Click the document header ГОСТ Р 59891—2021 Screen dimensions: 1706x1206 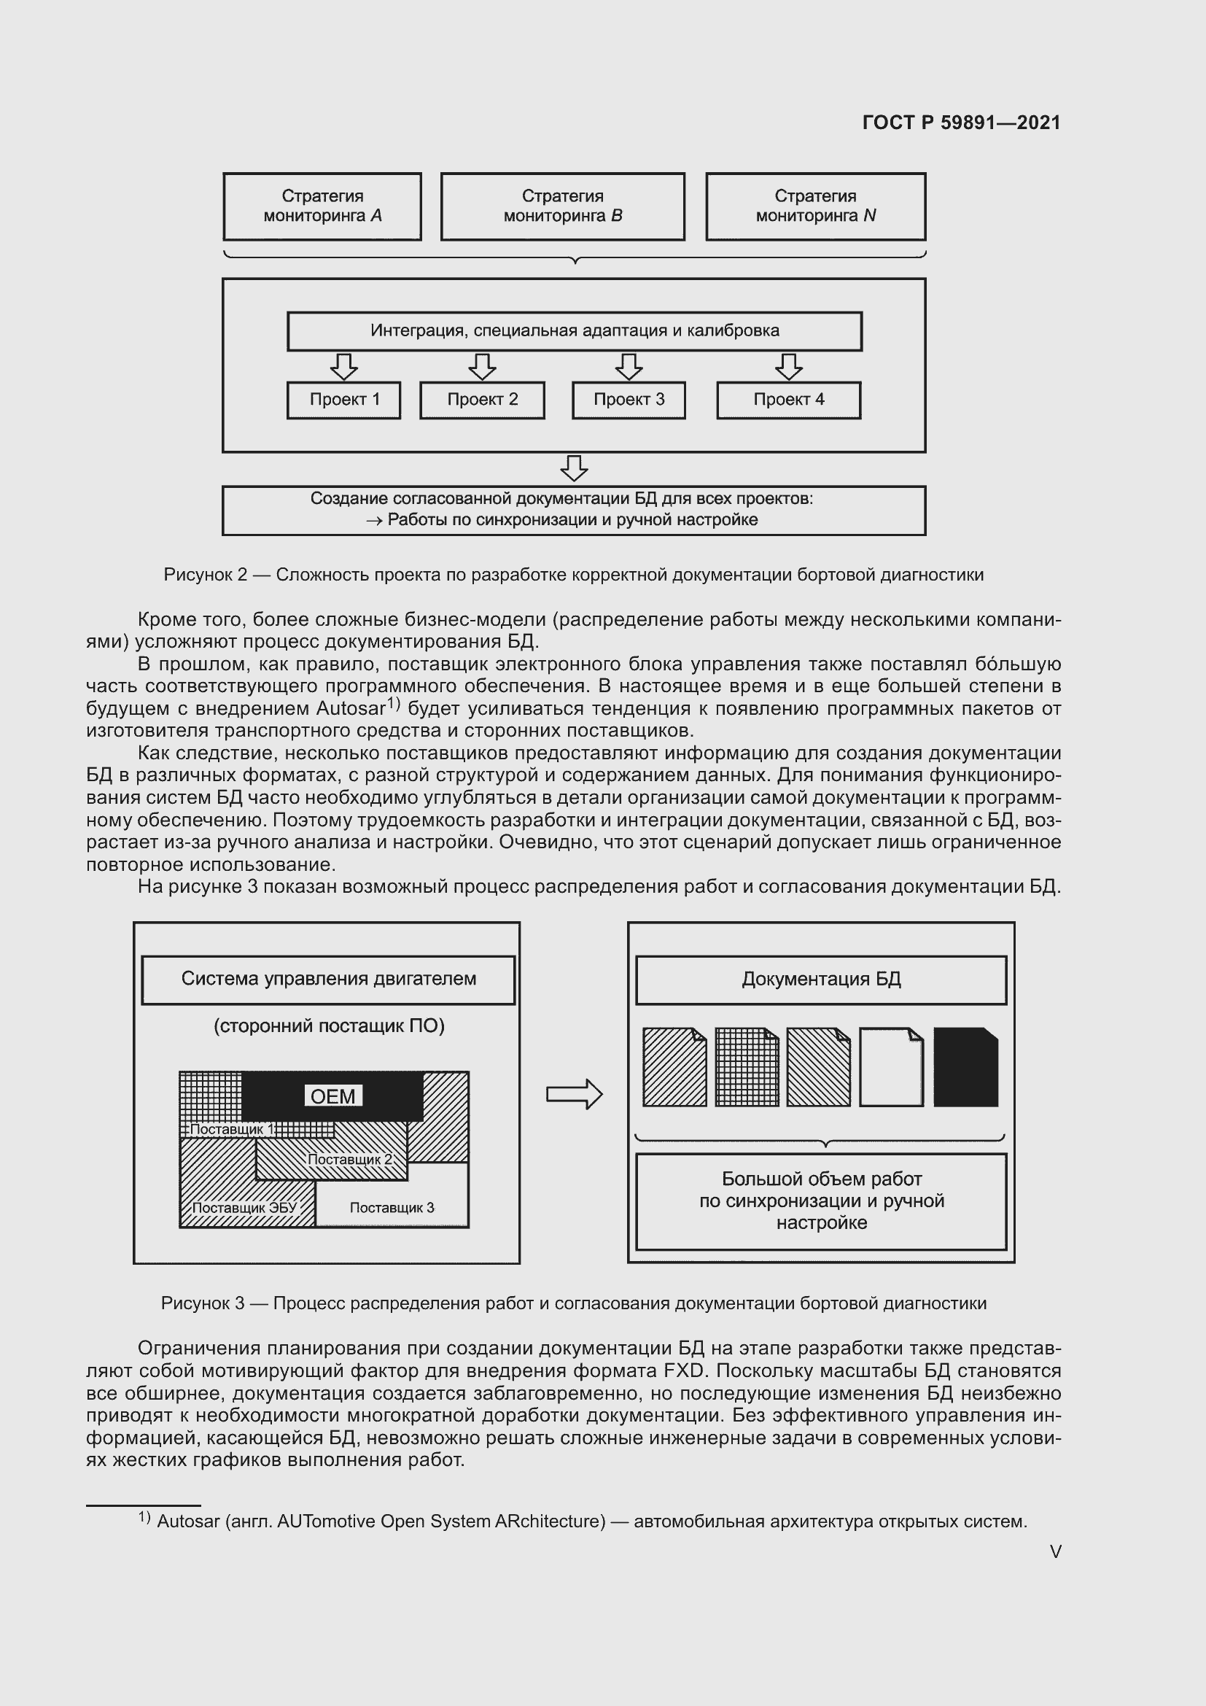point(961,123)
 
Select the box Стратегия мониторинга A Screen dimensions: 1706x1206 point(322,206)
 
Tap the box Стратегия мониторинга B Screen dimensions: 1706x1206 point(562,206)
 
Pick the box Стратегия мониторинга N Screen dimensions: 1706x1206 point(815,206)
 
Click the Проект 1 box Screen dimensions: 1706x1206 point(344,400)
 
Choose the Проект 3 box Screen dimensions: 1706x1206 point(629,400)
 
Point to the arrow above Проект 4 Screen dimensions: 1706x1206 point(789,366)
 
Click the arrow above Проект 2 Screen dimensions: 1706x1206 point(482,366)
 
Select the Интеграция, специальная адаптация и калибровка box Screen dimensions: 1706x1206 point(574,330)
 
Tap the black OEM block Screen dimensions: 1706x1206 point(332,1096)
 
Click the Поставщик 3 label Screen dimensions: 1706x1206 point(392,1207)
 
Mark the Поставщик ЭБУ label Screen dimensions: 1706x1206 point(244,1207)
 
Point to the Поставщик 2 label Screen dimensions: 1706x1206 point(349,1159)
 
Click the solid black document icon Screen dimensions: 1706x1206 point(965,1068)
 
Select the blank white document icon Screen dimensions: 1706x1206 point(891,1068)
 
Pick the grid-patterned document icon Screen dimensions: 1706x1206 point(747,1068)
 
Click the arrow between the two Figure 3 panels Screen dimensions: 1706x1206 point(574,1094)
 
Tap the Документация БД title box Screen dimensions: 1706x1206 point(820,980)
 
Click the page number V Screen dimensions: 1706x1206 point(1055,1551)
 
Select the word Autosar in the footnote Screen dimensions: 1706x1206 point(188,1521)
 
